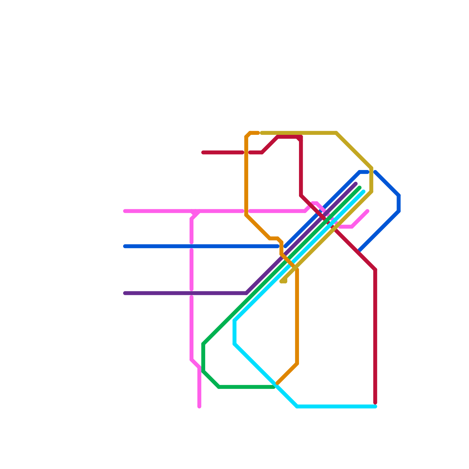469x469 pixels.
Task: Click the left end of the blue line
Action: pos(125,246)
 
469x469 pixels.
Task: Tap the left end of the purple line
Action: pos(125,293)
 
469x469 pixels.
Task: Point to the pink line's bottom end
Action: pos(199,407)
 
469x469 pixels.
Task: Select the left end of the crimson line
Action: pos(203,152)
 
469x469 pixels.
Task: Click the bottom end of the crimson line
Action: pos(375,403)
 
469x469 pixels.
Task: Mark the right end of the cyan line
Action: pos(375,407)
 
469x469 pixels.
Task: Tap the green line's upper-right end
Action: pos(360,188)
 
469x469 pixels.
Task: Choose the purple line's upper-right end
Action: pos(356,184)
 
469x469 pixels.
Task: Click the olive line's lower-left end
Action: pos(281,282)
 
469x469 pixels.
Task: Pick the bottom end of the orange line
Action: pos(277,383)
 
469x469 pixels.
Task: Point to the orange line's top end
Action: pos(258,132)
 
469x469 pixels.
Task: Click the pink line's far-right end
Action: pos(368,211)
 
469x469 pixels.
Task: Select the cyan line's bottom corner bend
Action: pos(297,407)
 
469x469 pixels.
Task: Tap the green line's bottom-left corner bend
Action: pos(219,387)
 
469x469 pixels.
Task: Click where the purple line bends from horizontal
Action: pos(247,293)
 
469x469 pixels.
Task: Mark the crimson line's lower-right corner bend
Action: pos(375,270)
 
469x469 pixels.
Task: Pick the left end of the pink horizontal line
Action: pos(125,211)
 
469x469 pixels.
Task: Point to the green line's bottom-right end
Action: pos(274,387)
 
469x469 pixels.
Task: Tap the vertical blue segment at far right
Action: pos(399,203)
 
